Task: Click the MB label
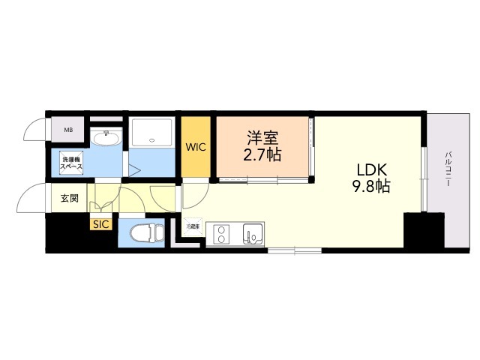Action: click(x=68, y=130)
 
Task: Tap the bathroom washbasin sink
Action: click(x=106, y=139)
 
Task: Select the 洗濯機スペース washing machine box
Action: click(x=72, y=161)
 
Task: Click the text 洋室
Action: click(x=263, y=138)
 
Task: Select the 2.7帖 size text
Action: click(x=263, y=156)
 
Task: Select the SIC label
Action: click(x=100, y=223)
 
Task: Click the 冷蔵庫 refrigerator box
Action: click(x=193, y=226)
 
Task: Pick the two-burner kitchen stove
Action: click(x=221, y=235)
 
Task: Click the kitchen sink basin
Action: click(x=252, y=235)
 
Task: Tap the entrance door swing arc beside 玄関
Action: click(x=30, y=199)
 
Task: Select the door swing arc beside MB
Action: click(x=34, y=129)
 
